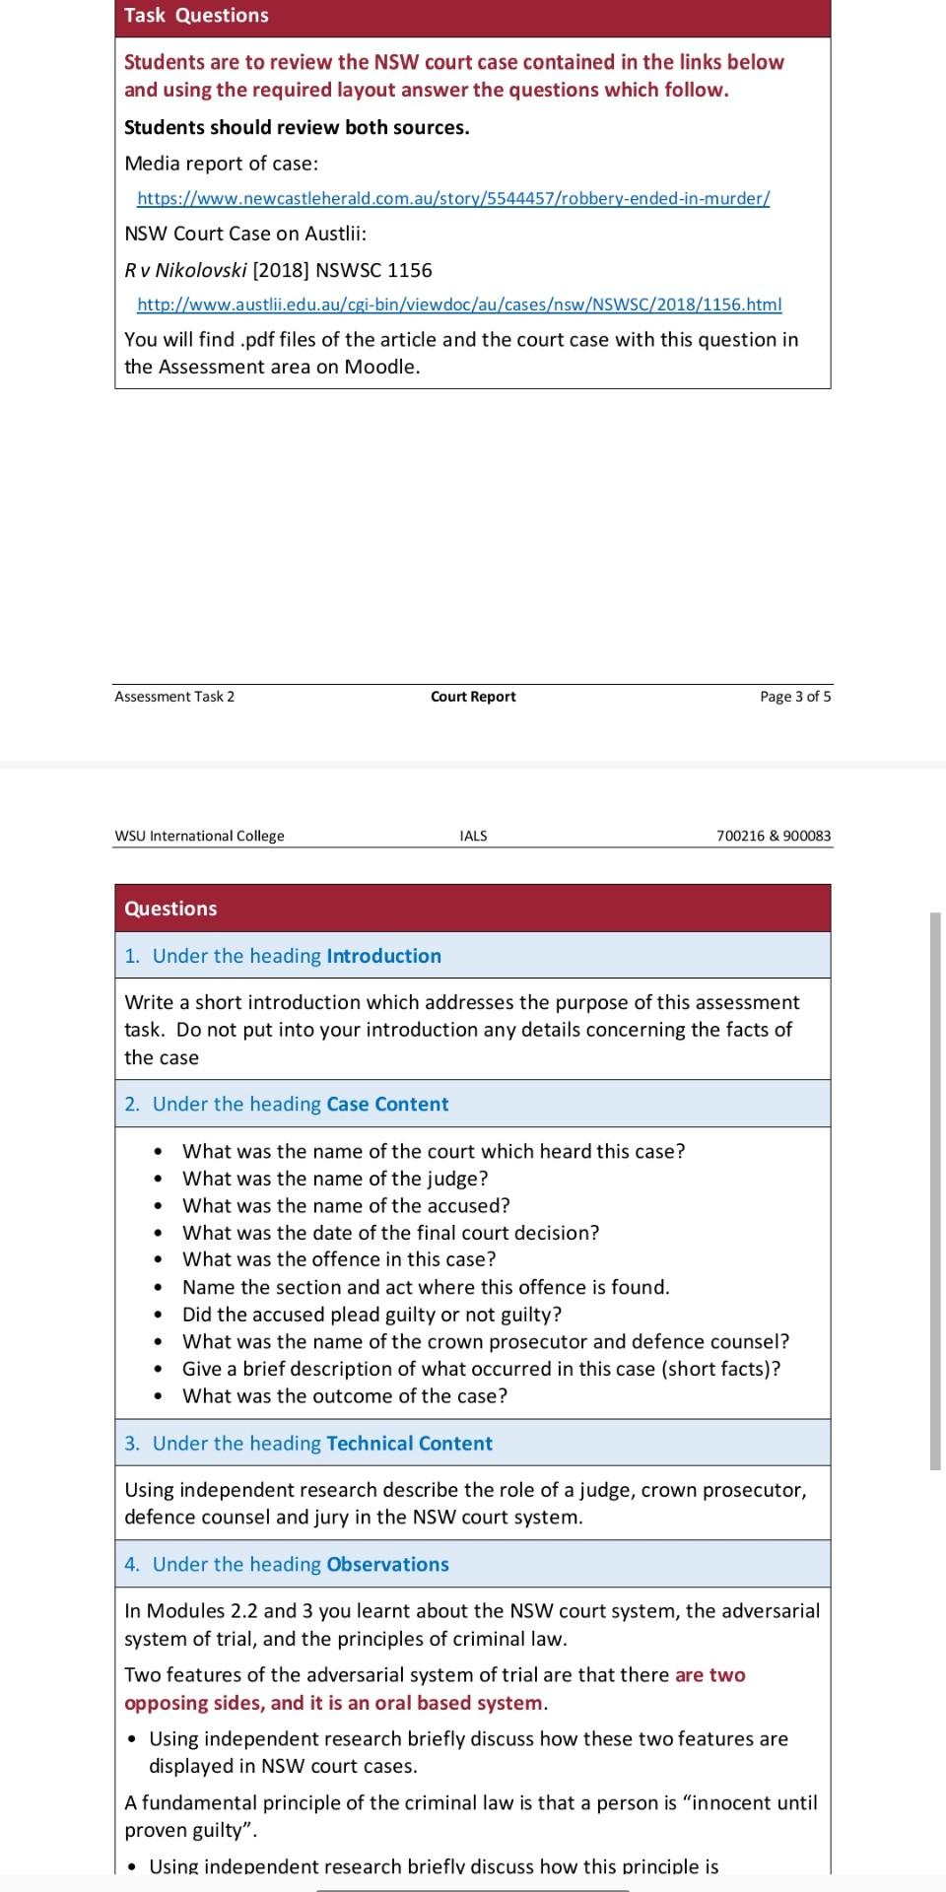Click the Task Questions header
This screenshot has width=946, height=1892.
196,16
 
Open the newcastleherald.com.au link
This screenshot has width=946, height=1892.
453,198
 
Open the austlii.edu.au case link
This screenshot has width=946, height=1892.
459,304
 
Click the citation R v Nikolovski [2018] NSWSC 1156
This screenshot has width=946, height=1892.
278,270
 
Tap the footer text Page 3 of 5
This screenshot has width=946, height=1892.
794,697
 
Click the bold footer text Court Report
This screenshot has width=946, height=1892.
473,697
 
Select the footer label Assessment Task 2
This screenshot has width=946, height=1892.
174,697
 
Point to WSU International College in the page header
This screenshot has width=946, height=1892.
199,836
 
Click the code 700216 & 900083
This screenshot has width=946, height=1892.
774,836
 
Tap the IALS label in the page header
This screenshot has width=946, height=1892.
473,836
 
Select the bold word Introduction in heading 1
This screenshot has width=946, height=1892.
383,956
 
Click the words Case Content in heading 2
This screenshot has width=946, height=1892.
387,1104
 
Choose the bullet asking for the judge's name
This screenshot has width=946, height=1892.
335,1179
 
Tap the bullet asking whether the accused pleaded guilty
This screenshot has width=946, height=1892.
372,1315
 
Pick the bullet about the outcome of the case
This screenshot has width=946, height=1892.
345,1395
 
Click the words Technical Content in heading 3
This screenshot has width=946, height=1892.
409,1444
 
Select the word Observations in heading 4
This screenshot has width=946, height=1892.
387,1565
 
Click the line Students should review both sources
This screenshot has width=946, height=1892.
297,127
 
